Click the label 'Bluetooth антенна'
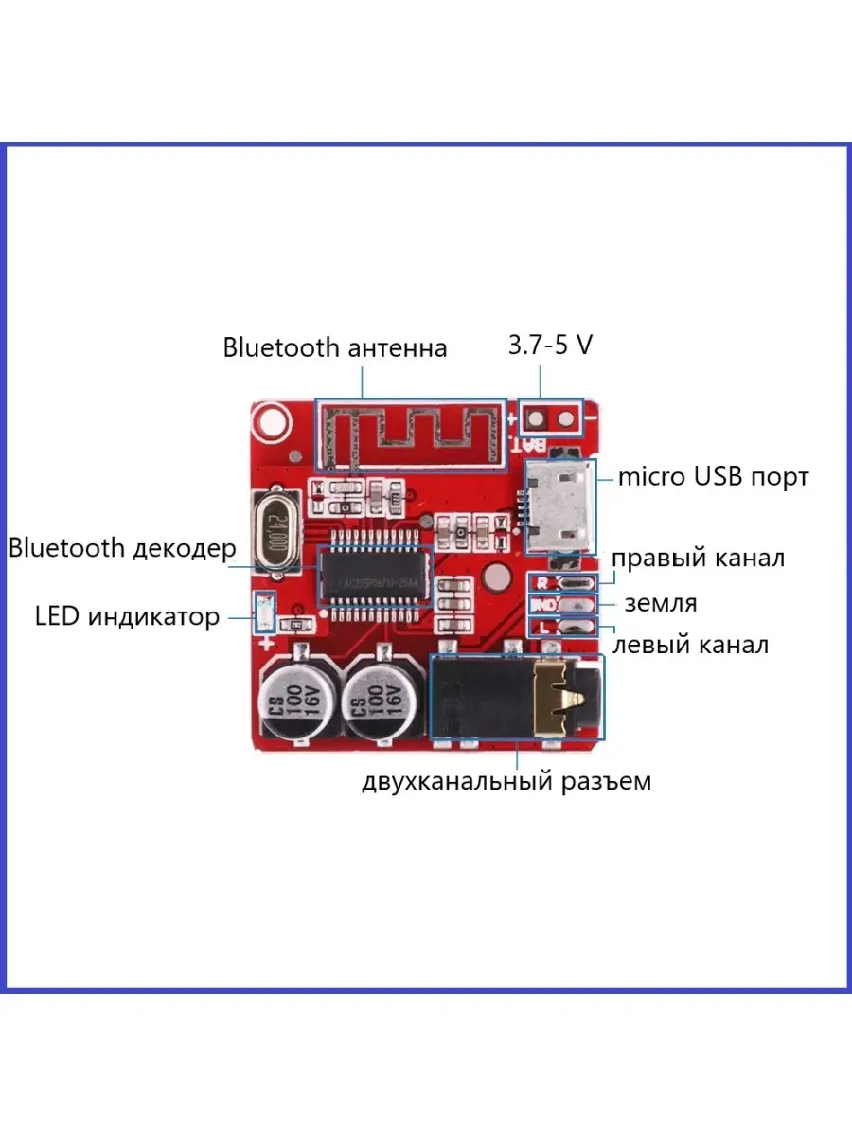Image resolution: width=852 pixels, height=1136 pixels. (x=334, y=347)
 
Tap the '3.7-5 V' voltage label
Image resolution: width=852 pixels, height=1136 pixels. (x=550, y=345)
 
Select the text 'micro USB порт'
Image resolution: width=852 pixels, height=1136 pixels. (x=713, y=476)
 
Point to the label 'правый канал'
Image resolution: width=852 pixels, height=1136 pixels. (x=698, y=558)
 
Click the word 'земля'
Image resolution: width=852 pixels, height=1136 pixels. (x=660, y=603)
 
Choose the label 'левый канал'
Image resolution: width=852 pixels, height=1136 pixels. (x=691, y=646)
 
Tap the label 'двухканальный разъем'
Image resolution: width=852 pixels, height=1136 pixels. (x=506, y=783)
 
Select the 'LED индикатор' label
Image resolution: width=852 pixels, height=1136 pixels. (x=127, y=617)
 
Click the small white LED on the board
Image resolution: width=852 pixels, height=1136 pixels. (x=264, y=612)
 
